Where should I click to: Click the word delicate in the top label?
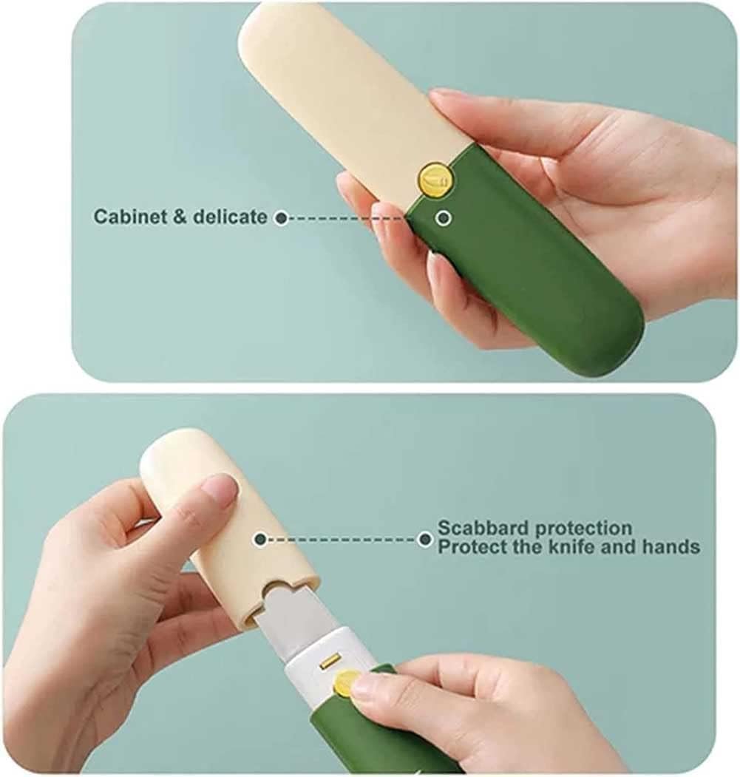231,217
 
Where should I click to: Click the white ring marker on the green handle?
444,218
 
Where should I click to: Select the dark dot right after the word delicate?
281,218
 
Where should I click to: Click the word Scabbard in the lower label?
481,529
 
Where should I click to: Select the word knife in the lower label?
582,547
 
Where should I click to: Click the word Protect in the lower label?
467,547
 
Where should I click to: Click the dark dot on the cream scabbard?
259,540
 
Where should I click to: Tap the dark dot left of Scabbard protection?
424,540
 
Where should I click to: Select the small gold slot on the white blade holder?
328,656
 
